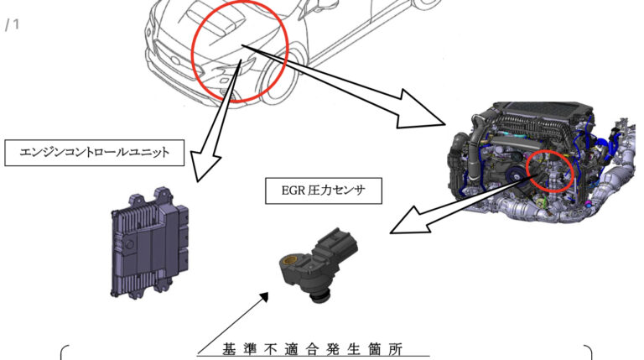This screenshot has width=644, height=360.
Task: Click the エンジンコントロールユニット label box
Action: coord(95,152)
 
